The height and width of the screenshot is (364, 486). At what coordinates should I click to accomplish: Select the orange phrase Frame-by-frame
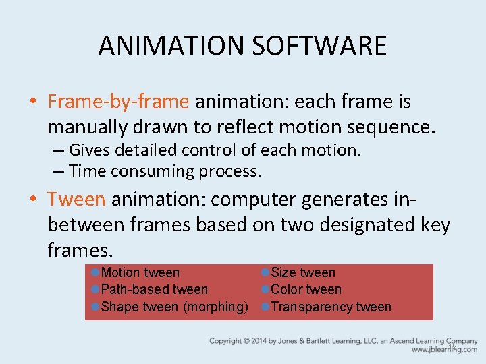point(118,102)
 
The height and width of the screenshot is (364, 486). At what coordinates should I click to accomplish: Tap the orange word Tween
point(76,200)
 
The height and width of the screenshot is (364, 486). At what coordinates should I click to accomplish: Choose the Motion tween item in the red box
point(140,273)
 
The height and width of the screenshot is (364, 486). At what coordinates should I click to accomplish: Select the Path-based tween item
point(154,290)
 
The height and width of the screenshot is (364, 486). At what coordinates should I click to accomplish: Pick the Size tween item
point(302,273)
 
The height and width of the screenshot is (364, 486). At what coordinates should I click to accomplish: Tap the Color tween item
point(306,290)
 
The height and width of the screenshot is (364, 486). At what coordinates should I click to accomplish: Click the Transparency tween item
point(331,307)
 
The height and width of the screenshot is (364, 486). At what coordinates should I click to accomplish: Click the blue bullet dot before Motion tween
point(95,272)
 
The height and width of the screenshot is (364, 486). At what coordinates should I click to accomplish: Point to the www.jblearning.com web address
point(443,350)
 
